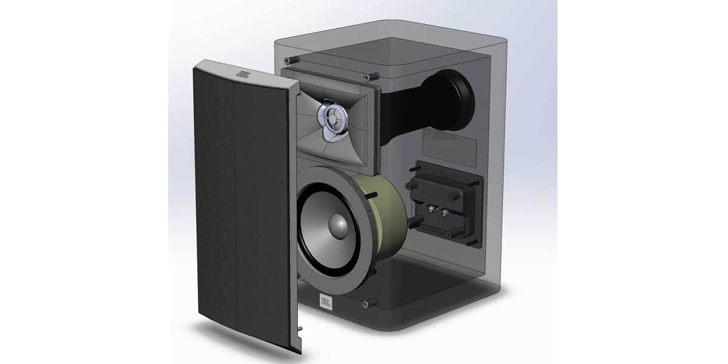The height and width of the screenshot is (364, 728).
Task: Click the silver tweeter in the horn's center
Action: click(331, 117)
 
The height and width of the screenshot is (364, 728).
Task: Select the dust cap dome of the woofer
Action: click(338, 226)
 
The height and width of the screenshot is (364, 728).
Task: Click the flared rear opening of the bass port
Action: click(457, 99)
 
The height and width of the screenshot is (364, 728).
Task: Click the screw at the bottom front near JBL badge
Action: click(369, 302)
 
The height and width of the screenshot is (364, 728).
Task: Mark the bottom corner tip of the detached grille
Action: click(297, 351)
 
